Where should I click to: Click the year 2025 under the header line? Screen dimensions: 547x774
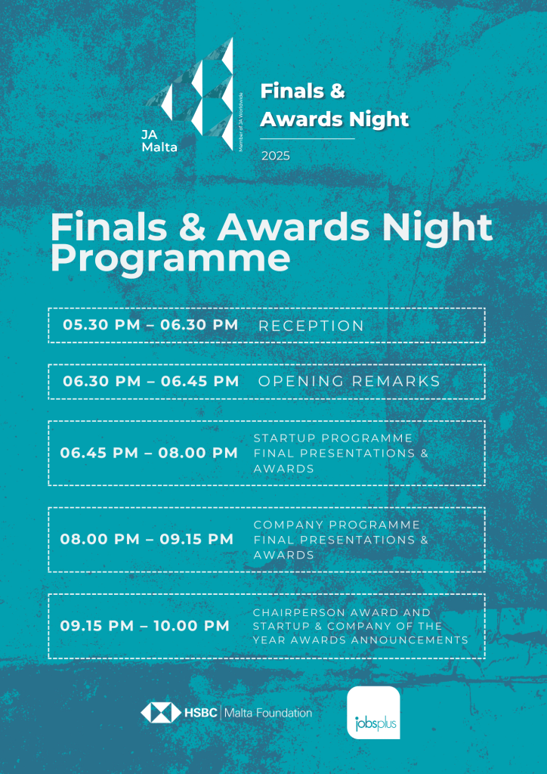[276, 156]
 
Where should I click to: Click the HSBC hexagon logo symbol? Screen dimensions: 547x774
[161, 712]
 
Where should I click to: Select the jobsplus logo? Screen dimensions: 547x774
[373, 712]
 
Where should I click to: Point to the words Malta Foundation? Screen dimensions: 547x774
[269, 713]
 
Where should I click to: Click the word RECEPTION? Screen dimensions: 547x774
[311, 326]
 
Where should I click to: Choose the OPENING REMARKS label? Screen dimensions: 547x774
[349, 382]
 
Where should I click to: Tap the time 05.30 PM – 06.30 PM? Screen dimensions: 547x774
[150, 325]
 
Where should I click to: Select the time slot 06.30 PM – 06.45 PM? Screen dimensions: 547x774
[151, 381]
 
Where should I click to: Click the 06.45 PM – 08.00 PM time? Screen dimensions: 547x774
[149, 454]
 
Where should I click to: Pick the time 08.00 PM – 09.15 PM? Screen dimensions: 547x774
[147, 540]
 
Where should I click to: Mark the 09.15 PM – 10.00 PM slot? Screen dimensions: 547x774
[145, 626]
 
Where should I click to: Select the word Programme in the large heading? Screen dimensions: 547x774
[170, 259]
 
